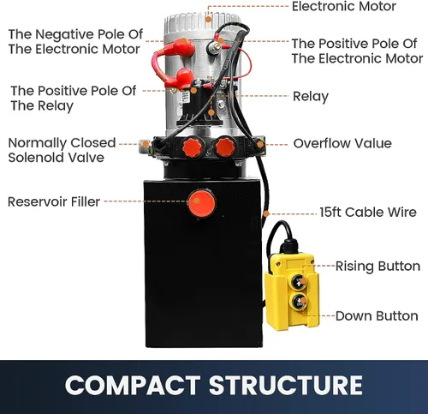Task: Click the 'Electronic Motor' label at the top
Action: [344, 6]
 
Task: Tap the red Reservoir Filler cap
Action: [202, 203]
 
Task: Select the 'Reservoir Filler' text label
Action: [54, 201]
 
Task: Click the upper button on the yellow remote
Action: [299, 282]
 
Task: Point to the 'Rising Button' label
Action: [377, 267]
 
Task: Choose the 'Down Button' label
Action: [377, 316]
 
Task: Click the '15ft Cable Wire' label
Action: [368, 213]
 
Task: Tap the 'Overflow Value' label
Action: [342, 143]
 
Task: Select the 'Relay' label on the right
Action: [311, 97]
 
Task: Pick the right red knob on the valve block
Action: [225, 147]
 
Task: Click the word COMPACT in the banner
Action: [133, 385]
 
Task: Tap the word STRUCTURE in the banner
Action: [286, 385]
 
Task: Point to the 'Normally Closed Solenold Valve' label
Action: [62, 150]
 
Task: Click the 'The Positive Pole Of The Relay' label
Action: [74, 99]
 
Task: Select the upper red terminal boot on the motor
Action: [184, 46]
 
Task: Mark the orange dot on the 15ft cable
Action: [266, 213]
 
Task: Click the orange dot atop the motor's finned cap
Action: [209, 20]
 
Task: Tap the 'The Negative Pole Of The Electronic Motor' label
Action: [75, 42]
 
